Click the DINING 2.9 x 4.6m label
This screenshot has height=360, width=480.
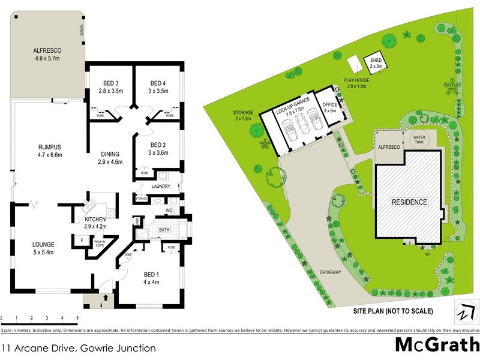pos(110,157)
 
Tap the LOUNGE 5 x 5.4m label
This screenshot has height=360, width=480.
pos(44,248)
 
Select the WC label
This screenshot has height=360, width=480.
pos(169,211)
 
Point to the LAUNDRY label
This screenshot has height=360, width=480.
pos(161,187)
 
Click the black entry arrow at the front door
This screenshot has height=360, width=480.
pos(106,296)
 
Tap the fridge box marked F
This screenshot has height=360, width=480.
pos(82,241)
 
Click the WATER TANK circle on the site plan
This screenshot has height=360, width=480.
pos(418,139)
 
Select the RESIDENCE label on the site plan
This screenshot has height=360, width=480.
pos(410,202)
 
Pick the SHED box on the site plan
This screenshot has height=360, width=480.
pos(376,64)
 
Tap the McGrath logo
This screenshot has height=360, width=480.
pos(433,346)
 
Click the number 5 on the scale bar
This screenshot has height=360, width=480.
pos(77,317)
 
